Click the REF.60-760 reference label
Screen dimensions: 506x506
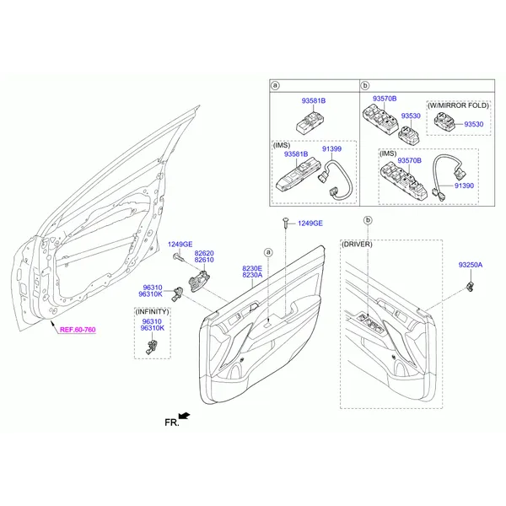coord(78,330)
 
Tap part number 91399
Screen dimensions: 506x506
coord(331,149)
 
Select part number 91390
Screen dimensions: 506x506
coord(464,186)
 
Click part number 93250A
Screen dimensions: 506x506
coord(471,265)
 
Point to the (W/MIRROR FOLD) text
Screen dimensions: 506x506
coord(458,105)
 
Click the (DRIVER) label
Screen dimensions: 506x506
coord(357,245)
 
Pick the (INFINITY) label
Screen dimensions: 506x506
coord(153,312)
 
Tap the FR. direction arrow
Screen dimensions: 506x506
coord(184,417)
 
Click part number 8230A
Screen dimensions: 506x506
coord(252,275)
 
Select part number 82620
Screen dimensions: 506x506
coord(204,253)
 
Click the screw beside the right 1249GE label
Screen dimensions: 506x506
coord(286,223)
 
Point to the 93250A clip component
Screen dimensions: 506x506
coord(471,286)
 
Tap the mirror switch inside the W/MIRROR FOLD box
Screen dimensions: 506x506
coord(444,122)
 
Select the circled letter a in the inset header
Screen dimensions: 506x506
coord(275,85)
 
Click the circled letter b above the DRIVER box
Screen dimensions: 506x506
coord(368,220)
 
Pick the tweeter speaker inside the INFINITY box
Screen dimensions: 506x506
coord(151,347)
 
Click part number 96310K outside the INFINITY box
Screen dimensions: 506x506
coord(150,294)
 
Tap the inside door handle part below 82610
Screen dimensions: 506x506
coord(199,281)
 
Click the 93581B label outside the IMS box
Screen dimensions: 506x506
coord(314,101)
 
